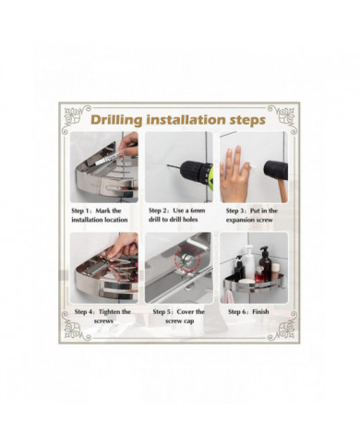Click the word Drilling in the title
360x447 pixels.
click(116, 120)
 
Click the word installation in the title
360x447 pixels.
click(186, 119)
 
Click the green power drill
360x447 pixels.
click(198, 175)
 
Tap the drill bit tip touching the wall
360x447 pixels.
click(168, 166)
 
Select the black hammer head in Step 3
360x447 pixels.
click(276, 170)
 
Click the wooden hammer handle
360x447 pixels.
click(283, 190)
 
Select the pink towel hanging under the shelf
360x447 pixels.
click(228, 296)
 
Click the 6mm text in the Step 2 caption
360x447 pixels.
click(198, 211)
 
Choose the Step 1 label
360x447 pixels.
click(81, 211)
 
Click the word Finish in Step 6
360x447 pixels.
click(260, 312)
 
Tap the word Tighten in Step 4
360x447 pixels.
click(110, 312)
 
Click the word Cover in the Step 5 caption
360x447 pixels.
click(186, 312)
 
